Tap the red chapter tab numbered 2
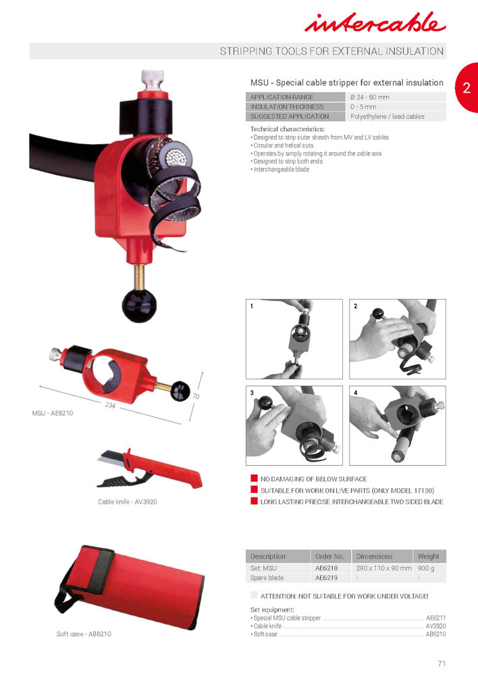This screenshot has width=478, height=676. click(x=467, y=87)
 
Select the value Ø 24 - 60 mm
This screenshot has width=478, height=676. click(x=369, y=97)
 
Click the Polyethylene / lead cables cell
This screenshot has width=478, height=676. click(x=388, y=116)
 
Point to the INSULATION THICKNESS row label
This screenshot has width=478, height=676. click(x=287, y=107)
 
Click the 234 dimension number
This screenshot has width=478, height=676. click(x=110, y=405)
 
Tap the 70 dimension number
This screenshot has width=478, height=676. click(x=196, y=396)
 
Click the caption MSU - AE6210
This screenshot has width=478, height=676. click(x=53, y=412)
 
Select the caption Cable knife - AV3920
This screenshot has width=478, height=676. click(x=128, y=502)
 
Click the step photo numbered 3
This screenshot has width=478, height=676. click(x=294, y=426)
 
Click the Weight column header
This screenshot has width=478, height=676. click(x=428, y=556)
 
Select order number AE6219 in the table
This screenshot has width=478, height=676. click(x=326, y=578)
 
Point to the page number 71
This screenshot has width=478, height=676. click(x=442, y=663)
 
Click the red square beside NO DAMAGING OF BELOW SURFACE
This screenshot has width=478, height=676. click(x=255, y=479)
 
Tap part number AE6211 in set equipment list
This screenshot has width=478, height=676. click(x=435, y=618)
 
